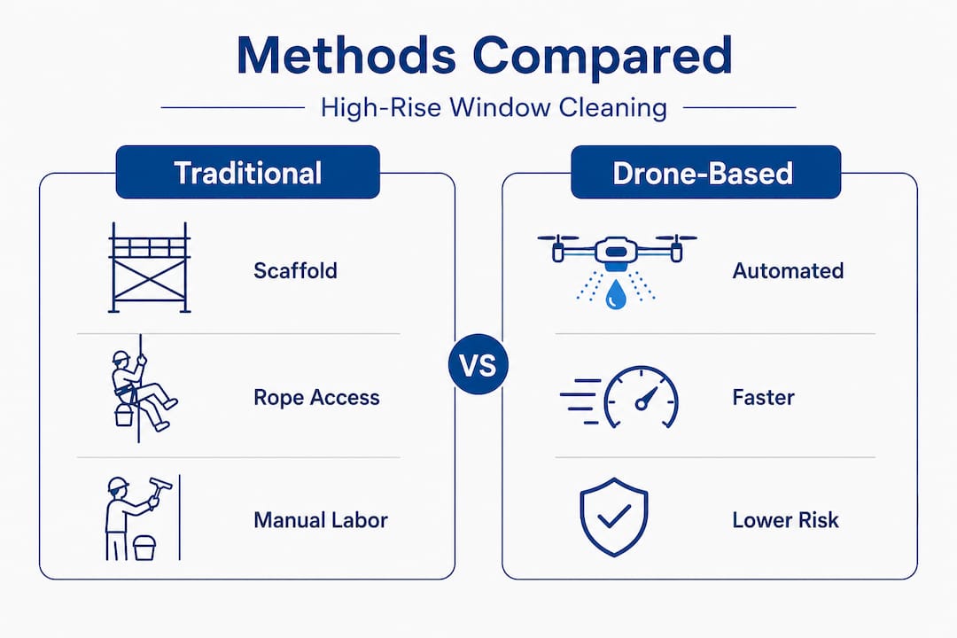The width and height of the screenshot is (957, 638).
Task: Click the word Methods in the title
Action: point(346,56)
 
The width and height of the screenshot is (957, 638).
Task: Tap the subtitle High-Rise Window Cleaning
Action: point(494,108)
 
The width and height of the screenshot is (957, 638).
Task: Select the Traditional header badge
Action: point(248,172)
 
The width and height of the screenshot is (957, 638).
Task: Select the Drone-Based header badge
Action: point(705,172)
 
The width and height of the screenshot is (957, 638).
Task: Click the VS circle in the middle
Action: point(478,364)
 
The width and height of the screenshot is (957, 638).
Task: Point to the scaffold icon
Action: point(150,268)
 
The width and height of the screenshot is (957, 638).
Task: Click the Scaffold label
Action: point(295,270)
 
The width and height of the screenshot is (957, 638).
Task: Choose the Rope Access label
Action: point(316,398)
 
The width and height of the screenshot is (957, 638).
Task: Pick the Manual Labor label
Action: point(321,520)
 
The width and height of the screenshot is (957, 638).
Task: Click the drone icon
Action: point(617,271)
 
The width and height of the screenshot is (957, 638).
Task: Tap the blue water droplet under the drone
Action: point(615,294)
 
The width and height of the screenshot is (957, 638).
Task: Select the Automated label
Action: point(788,270)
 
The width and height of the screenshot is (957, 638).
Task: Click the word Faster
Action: point(764,398)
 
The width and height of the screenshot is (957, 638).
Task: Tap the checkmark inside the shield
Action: point(614,517)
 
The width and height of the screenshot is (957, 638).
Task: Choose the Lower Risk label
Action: point(785,520)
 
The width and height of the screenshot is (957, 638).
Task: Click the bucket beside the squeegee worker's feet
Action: point(144,548)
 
